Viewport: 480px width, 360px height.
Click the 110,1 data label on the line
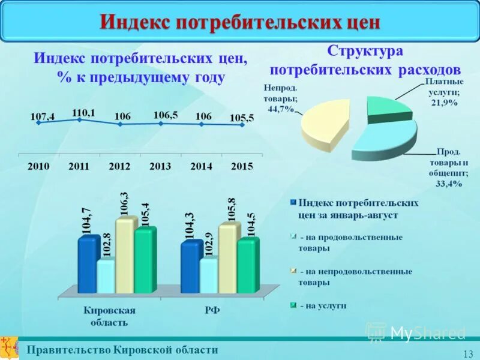pos(83,112)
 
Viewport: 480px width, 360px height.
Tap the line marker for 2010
pos(38,122)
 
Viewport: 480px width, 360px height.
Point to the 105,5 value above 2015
pos(242,118)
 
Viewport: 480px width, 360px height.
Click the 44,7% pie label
pos(280,109)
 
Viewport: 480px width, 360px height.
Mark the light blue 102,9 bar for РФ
pos(208,275)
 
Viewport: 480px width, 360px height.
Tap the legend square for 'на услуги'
pos(293,305)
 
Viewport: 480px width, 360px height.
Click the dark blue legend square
pos(293,203)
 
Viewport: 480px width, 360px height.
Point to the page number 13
pos(469,353)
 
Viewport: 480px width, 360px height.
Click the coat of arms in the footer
pos(8,347)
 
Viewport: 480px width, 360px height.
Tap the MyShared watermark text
pos(427,332)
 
